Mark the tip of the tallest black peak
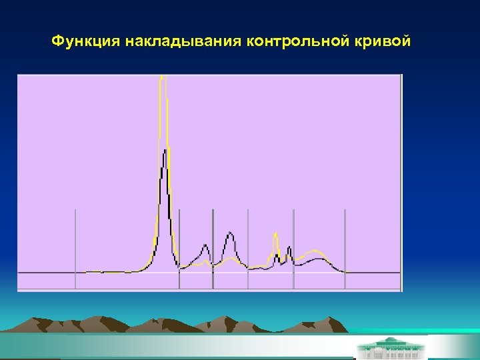pyautogui.click(x=164, y=149)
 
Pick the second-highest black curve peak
pyautogui.click(x=230, y=233)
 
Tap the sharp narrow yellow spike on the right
pyautogui.click(x=275, y=234)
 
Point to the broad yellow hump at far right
pyautogui.click(x=313, y=253)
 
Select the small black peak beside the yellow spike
pyautogui.click(x=289, y=248)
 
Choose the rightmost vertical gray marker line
pyautogui.click(x=345, y=247)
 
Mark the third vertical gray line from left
pyautogui.click(x=213, y=247)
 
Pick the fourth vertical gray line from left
pyautogui.click(x=248, y=247)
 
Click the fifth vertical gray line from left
pyautogui.click(x=293, y=247)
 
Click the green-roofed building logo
pyautogui.click(x=391, y=347)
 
